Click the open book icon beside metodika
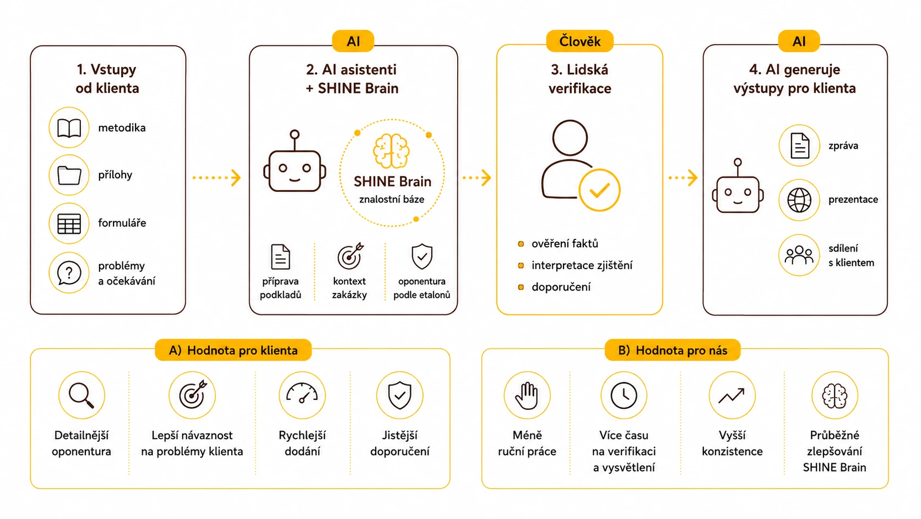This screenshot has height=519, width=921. pos(69,127)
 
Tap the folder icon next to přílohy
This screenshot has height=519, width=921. pos(69,175)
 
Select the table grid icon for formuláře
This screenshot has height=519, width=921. pos(69,223)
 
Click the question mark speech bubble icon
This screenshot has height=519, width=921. pos(69,272)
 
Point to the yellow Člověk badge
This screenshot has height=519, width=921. pos(579,41)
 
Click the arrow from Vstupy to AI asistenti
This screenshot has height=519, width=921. pos(216,178)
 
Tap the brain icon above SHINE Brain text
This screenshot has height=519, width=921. pos(392,151)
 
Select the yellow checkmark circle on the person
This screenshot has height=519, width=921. pos(599,190)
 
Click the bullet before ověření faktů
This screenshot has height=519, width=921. pos(521,244)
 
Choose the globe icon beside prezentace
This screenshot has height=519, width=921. pos(799,200)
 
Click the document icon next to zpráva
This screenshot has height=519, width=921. pos(800,145)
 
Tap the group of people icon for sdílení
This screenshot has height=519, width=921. pos(799,255)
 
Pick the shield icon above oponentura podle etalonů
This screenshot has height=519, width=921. pos(422,256)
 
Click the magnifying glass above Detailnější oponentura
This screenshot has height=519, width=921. pos(81,395)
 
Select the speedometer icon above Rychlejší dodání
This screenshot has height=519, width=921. pos(302,393)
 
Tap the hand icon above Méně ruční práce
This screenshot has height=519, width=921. pos(527,395)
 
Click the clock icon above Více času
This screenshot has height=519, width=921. pos(624,395)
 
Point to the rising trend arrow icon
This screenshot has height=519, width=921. pos(732,395)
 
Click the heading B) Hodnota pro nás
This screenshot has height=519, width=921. pos(673,350)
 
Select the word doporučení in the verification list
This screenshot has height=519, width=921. pos(561,287)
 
